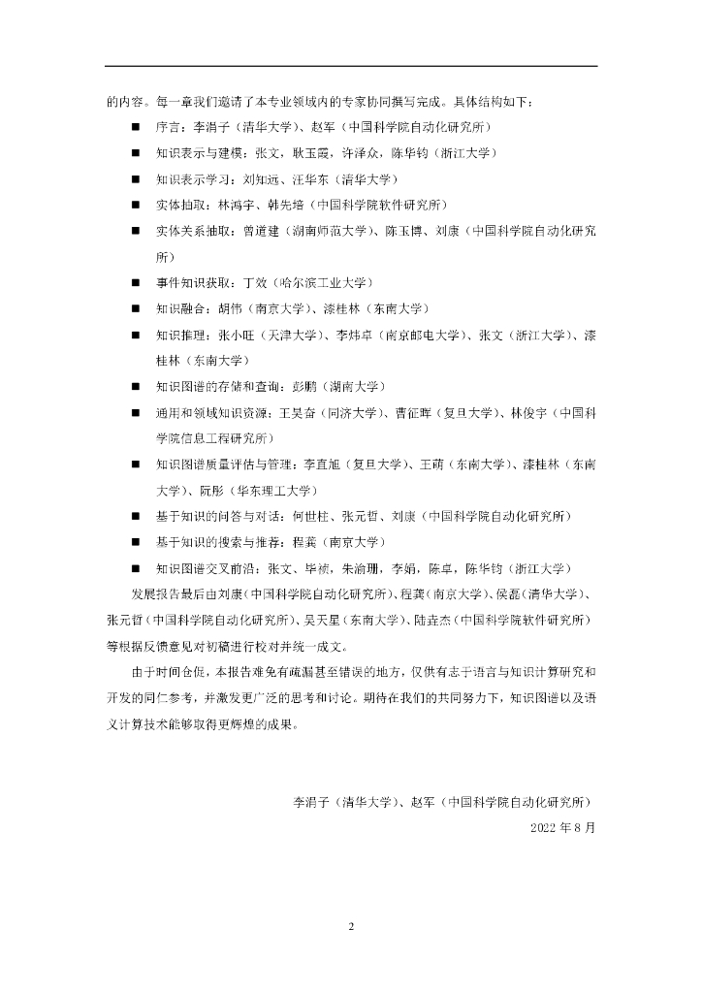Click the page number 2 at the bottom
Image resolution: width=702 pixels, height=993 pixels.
click(x=351, y=926)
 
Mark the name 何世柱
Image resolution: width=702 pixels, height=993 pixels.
click(x=309, y=515)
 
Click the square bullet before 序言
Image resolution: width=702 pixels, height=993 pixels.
click(x=136, y=127)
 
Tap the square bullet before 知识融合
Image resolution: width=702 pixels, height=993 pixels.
click(x=136, y=308)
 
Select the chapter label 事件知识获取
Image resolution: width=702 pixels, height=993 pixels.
click(x=191, y=282)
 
